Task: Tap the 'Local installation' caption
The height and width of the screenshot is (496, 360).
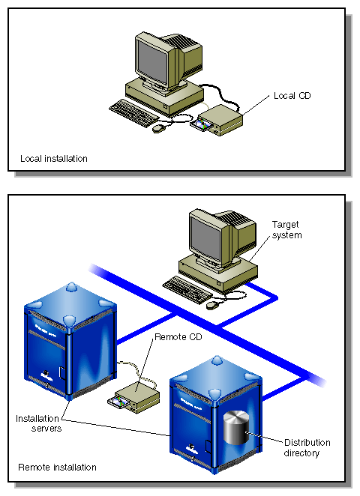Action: click(52, 159)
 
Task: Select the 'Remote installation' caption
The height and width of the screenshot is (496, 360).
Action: click(57, 467)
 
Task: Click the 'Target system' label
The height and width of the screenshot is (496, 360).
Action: click(286, 229)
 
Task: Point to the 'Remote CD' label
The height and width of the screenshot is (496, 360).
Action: click(176, 338)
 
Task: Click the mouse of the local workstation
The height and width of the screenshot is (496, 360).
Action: click(158, 128)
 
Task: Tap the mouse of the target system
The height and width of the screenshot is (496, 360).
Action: click(212, 304)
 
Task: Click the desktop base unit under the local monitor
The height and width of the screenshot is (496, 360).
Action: click(165, 91)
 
